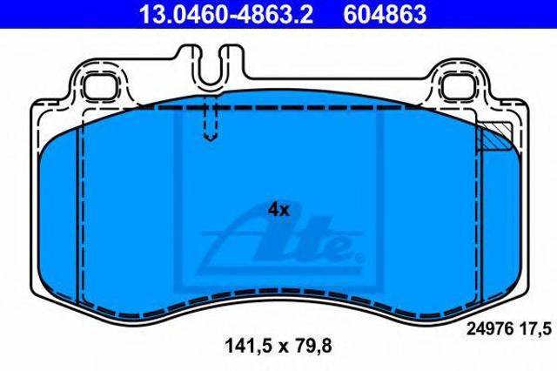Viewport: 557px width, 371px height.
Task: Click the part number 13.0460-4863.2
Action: (226, 14)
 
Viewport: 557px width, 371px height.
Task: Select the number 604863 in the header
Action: (385, 14)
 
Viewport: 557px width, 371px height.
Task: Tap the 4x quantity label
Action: (278, 210)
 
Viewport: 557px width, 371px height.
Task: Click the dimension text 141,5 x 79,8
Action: (278, 346)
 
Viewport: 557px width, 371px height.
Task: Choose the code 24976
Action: (490, 328)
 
